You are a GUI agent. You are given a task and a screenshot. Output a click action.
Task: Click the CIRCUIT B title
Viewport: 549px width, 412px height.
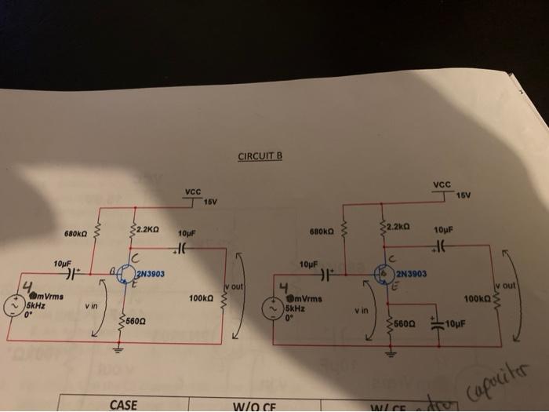260,156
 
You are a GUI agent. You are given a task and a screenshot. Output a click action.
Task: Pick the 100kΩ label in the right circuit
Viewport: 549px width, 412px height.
475,299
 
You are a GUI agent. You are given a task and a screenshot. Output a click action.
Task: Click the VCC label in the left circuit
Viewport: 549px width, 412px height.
193,191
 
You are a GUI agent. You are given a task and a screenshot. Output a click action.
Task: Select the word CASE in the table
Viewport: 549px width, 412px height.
123,405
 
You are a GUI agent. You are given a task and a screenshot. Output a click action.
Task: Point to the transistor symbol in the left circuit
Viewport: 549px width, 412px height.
126,274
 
